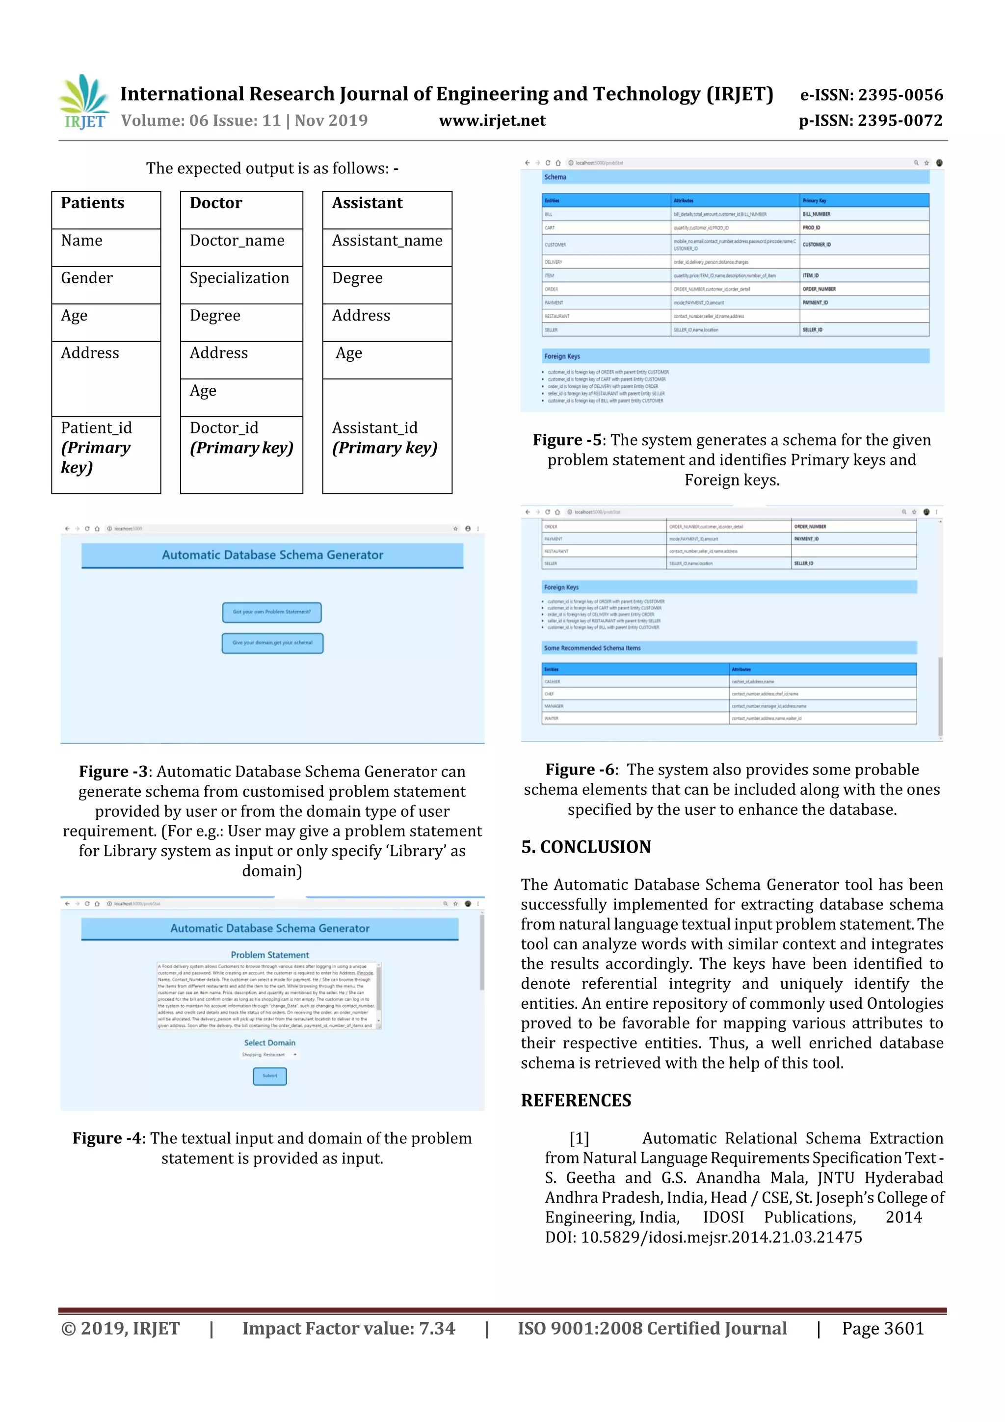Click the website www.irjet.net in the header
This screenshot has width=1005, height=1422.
click(x=492, y=121)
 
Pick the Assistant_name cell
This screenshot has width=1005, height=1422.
click(x=387, y=241)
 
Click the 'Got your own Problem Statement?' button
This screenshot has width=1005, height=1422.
click(x=272, y=612)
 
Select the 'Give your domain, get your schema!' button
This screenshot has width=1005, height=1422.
click(x=272, y=643)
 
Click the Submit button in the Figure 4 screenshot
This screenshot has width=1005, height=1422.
click(x=270, y=1076)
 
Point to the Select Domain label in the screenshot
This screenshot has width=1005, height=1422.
click(x=269, y=1043)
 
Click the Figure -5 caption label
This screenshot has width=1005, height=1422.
click(x=567, y=440)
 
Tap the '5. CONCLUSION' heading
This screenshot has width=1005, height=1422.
click(x=586, y=847)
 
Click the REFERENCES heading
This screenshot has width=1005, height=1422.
click(x=576, y=1100)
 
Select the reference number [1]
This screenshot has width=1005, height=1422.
click(x=579, y=1138)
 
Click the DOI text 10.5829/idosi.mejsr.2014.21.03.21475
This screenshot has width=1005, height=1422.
click(x=721, y=1237)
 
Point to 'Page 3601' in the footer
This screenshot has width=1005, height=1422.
click(x=882, y=1328)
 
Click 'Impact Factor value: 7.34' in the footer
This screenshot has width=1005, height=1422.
click(x=348, y=1328)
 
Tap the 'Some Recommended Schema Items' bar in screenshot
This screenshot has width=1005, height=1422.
click(x=593, y=648)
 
